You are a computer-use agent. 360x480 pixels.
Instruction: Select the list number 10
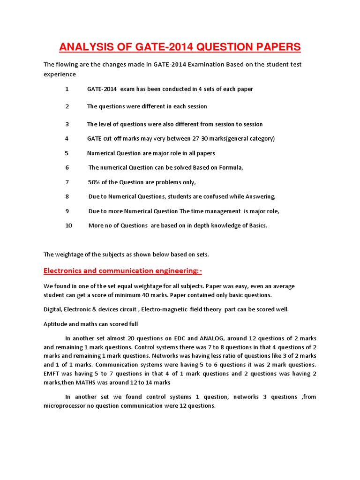tap(69, 225)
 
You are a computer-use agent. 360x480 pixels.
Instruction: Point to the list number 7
tap(67, 182)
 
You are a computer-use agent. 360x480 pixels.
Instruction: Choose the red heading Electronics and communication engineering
tap(123, 271)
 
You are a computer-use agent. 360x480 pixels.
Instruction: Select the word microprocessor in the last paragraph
tap(67, 406)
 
